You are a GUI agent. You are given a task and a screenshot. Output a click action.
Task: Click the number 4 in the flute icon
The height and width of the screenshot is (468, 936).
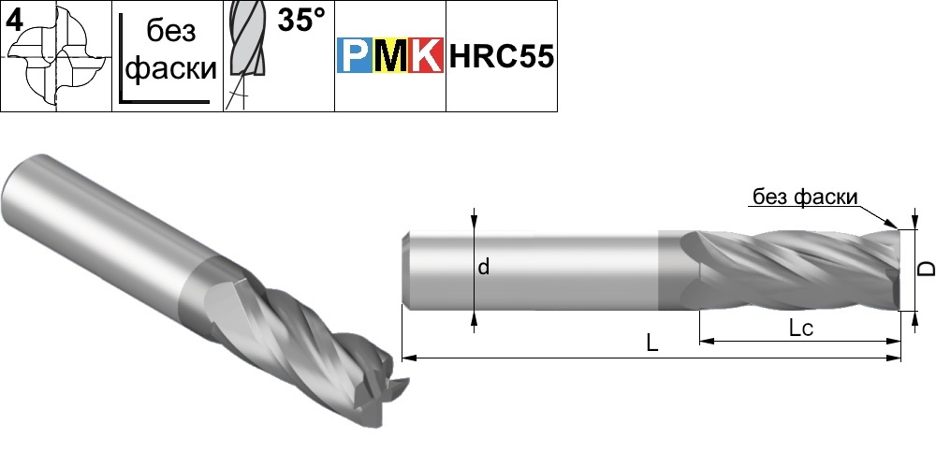[14, 20]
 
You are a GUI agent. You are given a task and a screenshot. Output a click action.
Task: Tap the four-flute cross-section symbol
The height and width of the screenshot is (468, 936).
[58, 58]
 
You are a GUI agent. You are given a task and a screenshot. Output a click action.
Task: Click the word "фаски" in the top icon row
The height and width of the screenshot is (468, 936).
[171, 68]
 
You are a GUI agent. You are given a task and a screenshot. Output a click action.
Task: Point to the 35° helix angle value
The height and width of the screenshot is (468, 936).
[302, 21]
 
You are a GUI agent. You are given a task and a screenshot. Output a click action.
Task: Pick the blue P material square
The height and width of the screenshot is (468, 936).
[355, 55]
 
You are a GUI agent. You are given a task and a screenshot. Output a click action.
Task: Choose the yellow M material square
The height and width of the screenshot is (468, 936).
[389, 55]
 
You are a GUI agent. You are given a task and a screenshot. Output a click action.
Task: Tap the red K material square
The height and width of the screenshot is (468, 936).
[426, 55]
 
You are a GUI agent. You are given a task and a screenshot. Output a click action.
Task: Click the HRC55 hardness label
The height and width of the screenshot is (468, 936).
[502, 57]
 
